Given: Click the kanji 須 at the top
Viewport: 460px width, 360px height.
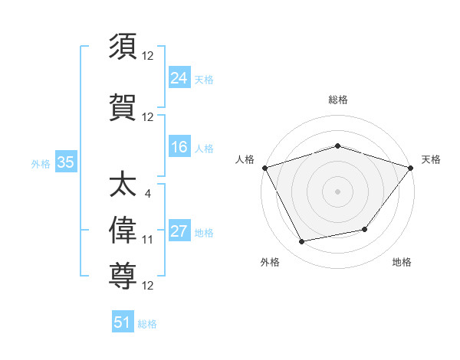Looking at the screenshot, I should (x=123, y=47).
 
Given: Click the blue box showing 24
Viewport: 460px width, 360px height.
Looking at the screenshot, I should (x=179, y=77).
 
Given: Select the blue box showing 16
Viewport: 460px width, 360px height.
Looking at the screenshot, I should (x=179, y=147).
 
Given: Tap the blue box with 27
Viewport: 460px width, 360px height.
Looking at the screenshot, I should (x=179, y=231).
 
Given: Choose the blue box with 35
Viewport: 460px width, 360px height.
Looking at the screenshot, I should (x=65, y=162).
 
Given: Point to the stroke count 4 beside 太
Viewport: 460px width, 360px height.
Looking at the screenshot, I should (x=147, y=193).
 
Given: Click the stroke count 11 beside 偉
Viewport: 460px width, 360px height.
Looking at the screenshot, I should (x=148, y=240).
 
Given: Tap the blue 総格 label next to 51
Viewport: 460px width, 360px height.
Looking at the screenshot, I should (x=147, y=324).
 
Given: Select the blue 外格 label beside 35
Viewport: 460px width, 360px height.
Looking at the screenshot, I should (x=41, y=163).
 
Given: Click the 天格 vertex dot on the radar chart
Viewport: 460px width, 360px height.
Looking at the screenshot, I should (x=411, y=167).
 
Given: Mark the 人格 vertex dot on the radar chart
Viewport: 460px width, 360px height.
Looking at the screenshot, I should (x=264, y=167).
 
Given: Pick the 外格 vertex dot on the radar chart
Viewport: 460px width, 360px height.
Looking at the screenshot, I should (x=302, y=242).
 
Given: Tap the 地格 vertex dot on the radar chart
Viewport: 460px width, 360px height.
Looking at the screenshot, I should (x=365, y=229).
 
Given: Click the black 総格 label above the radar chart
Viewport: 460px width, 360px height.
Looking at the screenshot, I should (x=338, y=100).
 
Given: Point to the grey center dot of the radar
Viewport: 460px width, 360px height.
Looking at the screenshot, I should (x=338, y=191).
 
